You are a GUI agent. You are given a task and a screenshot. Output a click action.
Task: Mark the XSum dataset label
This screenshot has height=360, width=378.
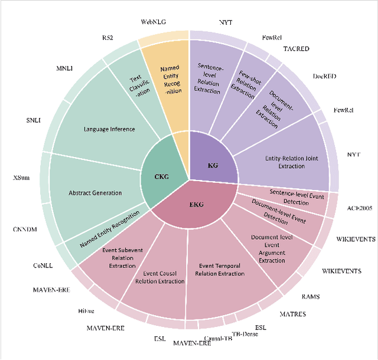(22, 178)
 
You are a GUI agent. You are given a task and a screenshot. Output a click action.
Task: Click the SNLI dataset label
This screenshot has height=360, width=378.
(33, 120)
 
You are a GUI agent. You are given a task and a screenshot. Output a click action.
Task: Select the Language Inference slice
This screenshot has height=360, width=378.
(109, 129)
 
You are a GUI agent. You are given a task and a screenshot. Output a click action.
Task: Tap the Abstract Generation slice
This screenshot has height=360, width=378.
(94, 192)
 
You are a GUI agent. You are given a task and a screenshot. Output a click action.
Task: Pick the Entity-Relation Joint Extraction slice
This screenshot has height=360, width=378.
(285, 162)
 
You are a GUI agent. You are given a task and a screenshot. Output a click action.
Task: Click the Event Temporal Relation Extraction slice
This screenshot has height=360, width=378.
(223, 269)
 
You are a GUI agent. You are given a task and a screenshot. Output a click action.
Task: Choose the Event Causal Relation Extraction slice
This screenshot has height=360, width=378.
(164, 277)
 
